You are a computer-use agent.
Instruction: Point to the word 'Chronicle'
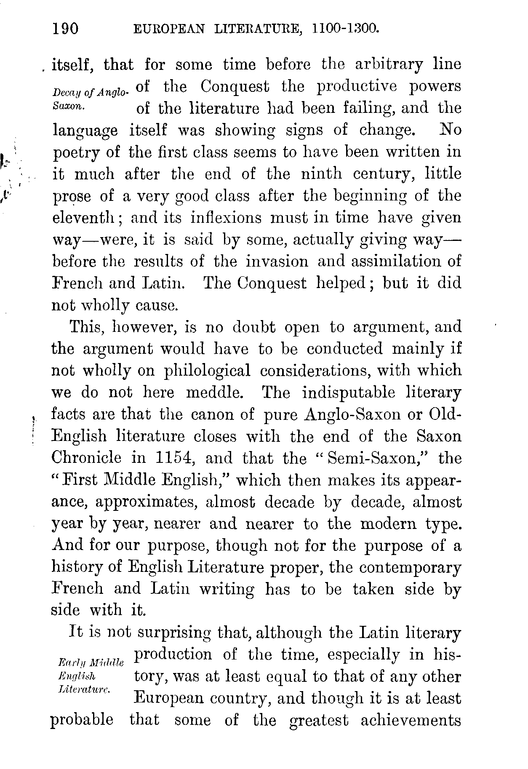pos(86,458)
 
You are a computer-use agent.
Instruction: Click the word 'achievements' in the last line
pos(411,720)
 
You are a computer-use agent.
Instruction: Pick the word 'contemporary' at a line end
pos(406,567)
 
